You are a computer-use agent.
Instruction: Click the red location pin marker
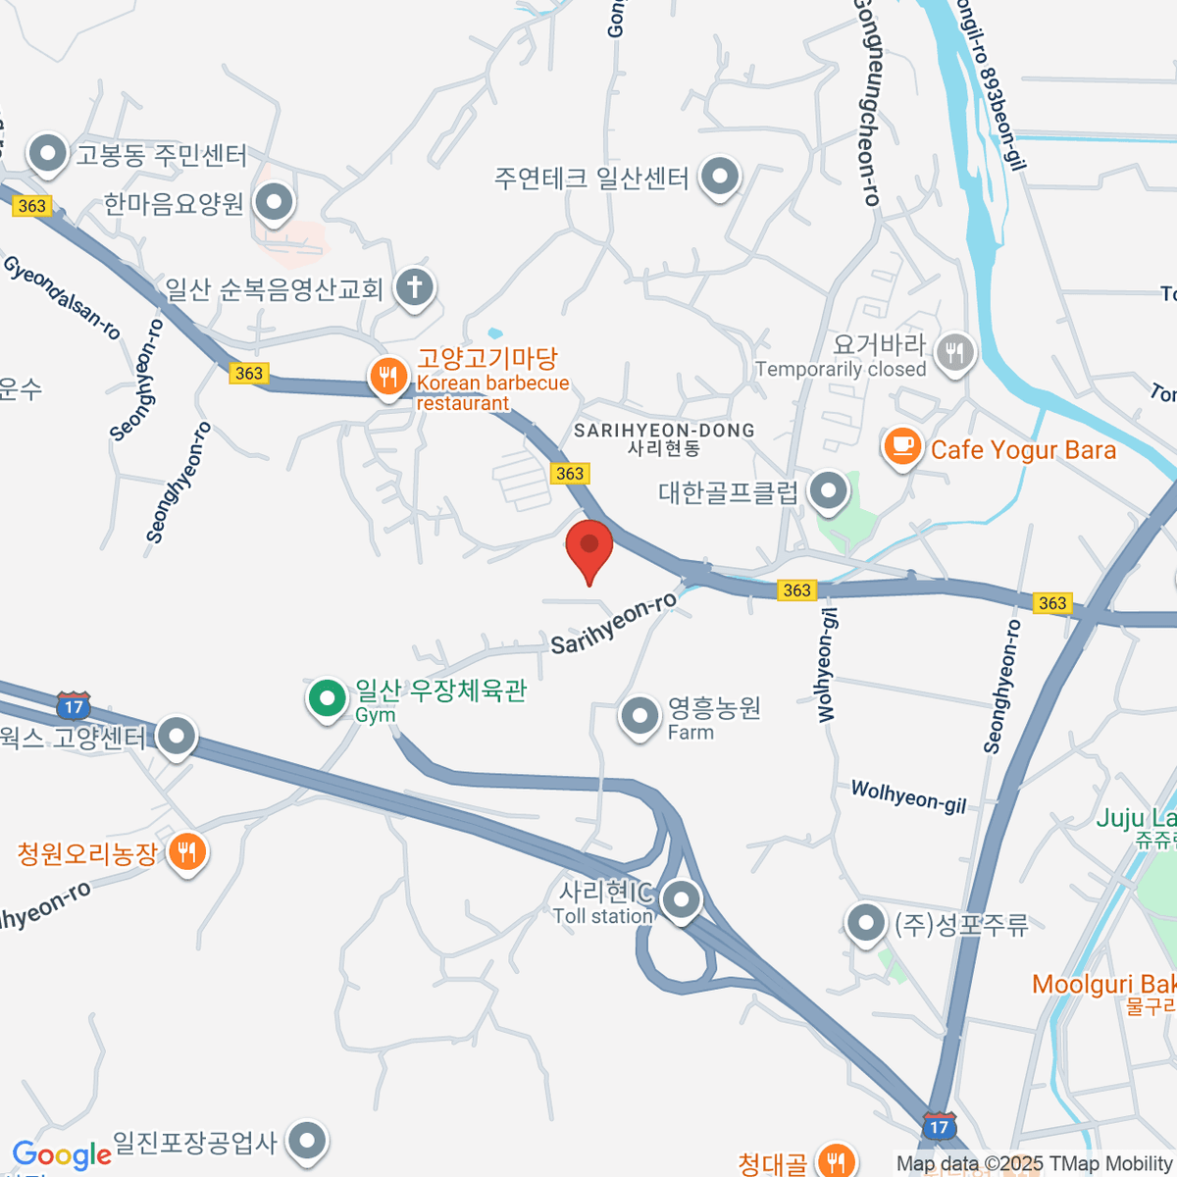coord(589,547)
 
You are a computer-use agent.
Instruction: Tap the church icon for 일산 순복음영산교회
coord(414,288)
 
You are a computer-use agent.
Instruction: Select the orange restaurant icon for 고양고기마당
coord(388,377)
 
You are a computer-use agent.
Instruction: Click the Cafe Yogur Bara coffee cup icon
coord(901,447)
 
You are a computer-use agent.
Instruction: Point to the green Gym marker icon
coord(327,698)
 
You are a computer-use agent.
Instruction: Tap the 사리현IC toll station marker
coord(680,899)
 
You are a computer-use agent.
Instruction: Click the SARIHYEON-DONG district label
coord(664,431)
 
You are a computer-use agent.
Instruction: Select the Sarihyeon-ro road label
coord(613,624)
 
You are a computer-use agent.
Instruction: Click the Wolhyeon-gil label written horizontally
coord(908,796)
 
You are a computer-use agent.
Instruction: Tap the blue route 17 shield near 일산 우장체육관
coord(74,705)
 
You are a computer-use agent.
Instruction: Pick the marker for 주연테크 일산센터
coord(721,178)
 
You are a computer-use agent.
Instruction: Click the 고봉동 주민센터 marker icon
coord(47,154)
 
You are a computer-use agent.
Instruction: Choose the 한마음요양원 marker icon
coord(274,203)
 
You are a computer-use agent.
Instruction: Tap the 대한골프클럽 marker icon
coord(829,490)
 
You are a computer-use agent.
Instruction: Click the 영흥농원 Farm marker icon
coord(640,717)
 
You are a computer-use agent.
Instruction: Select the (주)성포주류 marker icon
coord(865,923)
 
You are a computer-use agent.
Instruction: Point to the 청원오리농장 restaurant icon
coord(186,851)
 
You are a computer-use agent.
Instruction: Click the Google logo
coord(62,1155)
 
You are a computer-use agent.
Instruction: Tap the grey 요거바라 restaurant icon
coord(954,352)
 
